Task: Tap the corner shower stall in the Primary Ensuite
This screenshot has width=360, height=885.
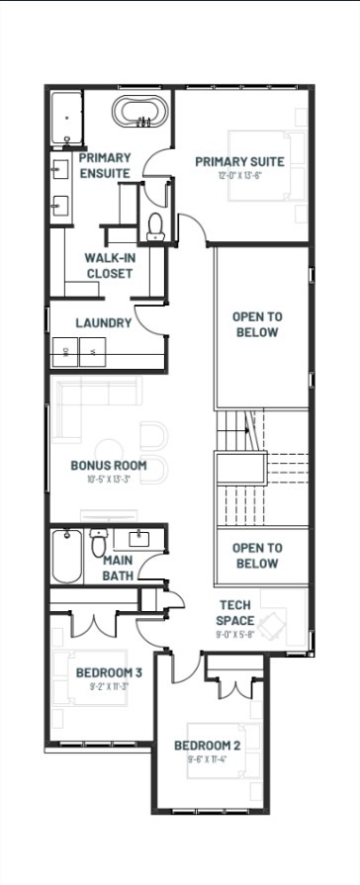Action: click(x=67, y=115)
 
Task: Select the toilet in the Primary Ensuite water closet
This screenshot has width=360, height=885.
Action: click(x=155, y=227)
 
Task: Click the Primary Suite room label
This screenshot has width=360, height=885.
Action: click(x=239, y=162)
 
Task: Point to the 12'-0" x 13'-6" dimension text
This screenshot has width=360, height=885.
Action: click(x=239, y=176)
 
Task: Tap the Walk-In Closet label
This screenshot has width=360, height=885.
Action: click(x=109, y=265)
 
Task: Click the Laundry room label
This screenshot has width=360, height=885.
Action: click(x=104, y=322)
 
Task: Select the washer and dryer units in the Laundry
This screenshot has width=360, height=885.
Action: click(x=80, y=351)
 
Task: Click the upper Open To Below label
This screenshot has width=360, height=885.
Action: click(x=256, y=324)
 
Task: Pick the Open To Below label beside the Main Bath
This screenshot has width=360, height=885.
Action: click(x=256, y=555)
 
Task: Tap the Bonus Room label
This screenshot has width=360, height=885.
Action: click(x=109, y=465)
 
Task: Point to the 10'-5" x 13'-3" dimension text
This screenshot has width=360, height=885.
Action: click(x=109, y=479)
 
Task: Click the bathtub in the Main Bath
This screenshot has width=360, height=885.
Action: click(x=67, y=557)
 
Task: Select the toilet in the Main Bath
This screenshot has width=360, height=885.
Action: click(x=98, y=544)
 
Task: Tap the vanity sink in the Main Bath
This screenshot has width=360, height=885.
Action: click(x=138, y=539)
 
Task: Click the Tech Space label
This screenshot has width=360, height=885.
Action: click(x=235, y=612)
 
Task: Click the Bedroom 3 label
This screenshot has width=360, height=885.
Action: click(x=110, y=673)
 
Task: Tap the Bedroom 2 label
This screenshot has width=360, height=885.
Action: click(x=208, y=745)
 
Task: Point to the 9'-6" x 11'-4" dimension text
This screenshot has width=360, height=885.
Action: click(x=208, y=759)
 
